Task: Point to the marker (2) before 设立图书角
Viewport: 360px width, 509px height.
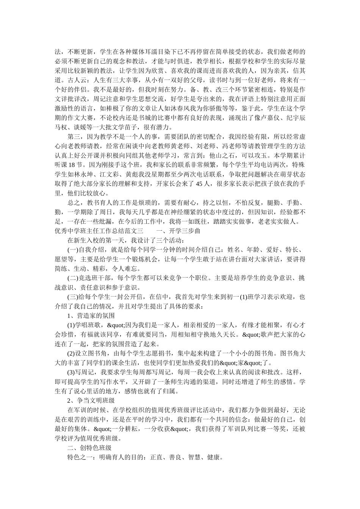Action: tap(72, 354)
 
